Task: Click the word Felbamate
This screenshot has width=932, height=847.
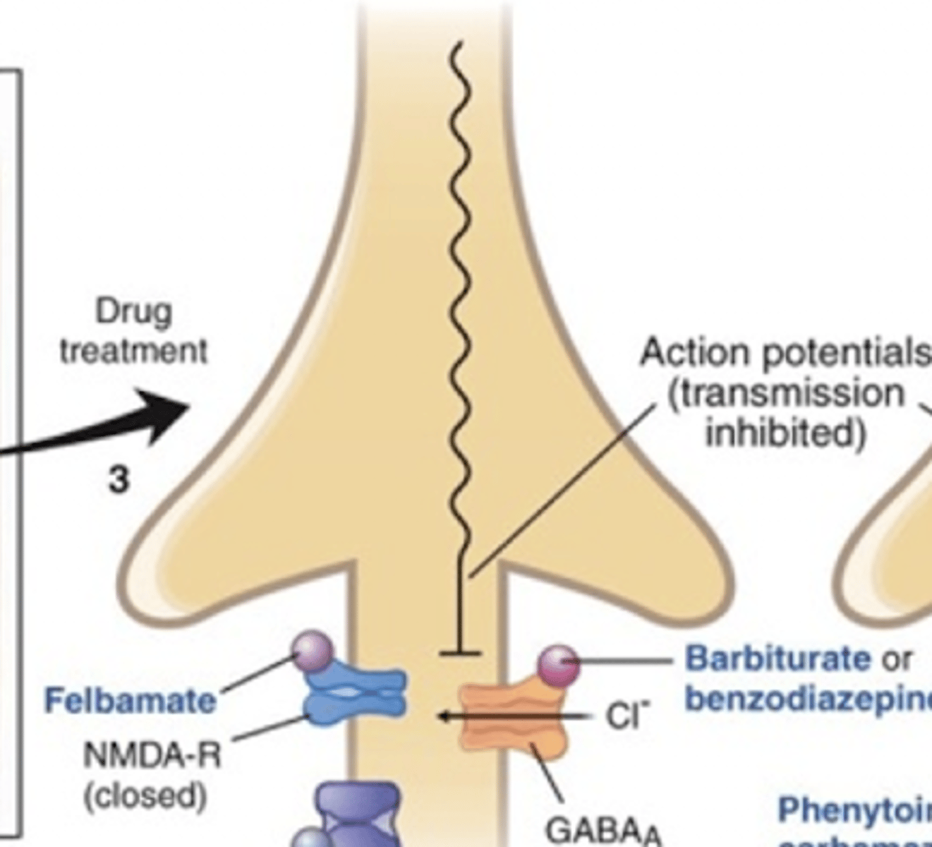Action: click(130, 701)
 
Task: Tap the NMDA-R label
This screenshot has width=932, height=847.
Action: click(152, 755)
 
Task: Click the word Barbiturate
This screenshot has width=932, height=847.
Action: click(778, 659)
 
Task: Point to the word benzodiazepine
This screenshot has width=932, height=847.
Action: click(808, 699)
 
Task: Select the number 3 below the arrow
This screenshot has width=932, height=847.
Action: click(119, 480)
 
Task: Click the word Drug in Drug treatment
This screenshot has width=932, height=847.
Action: click(133, 311)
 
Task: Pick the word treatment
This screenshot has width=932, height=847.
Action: click(133, 351)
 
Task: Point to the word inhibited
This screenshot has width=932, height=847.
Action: click(785, 432)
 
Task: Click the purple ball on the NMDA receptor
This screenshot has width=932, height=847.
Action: click(314, 650)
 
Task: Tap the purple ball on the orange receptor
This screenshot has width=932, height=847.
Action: click(558, 665)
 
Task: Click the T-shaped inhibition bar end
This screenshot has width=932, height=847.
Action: click(460, 654)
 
